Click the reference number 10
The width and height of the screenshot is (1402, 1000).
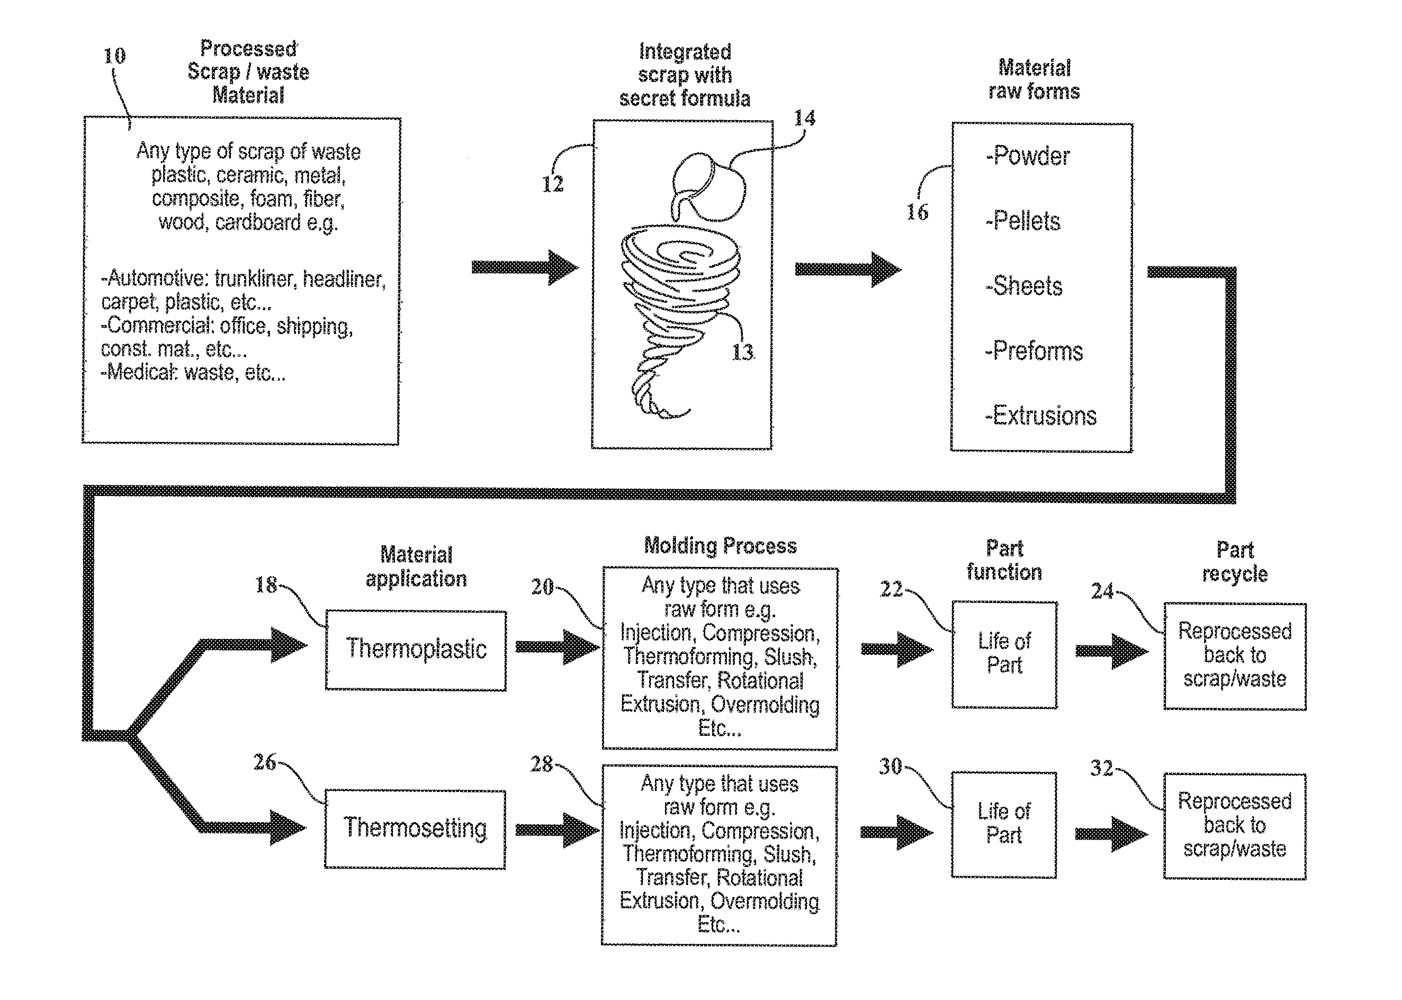114,56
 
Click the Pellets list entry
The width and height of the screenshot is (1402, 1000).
1023,221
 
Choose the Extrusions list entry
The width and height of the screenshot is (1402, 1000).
1040,416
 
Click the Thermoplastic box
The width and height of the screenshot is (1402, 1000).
416,650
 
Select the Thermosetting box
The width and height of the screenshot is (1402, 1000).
415,830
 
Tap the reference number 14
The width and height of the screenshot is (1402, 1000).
804,118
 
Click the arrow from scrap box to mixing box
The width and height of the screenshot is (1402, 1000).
525,267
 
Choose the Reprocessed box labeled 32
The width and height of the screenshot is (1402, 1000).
1235,826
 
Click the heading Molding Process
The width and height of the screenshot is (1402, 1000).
720,546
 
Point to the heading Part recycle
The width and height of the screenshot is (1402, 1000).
1235,562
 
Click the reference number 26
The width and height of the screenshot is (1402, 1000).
265,762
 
